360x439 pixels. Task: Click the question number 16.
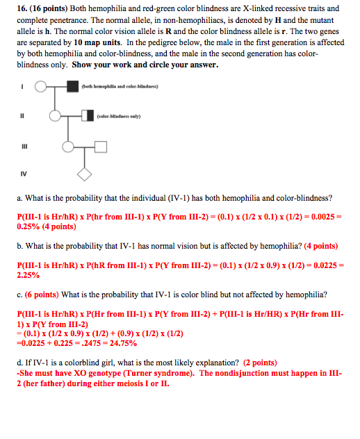pyautogui.click(x=22, y=9)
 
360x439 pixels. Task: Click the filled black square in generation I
pyautogui.click(x=72, y=88)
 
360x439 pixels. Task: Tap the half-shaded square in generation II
pyautogui.click(x=87, y=115)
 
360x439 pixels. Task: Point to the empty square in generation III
pyautogui.click(x=100, y=146)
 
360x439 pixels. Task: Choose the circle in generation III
pyautogui.click(x=69, y=146)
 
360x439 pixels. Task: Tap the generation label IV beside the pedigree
pyautogui.click(x=22, y=173)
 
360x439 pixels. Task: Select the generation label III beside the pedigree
pyautogui.click(x=22, y=146)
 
